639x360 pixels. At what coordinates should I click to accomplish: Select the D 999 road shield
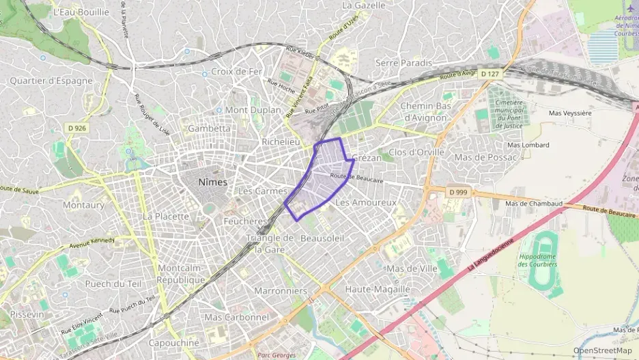click(x=458, y=192)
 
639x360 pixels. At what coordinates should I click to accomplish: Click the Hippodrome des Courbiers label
click(x=539, y=260)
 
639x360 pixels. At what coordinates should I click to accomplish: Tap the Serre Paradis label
click(x=404, y=63)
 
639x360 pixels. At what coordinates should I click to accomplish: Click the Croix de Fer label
click(x=236, y=72)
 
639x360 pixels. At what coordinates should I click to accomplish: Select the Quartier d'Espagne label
click(x=51, y=81)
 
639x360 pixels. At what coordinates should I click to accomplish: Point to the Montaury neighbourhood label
click(x=83, y=205)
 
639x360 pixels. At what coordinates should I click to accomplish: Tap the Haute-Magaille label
click(x=377, y=289)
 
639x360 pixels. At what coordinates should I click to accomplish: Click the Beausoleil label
click(x=322, y=238)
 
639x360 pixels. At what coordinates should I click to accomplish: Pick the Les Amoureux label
click(x=366, y=203)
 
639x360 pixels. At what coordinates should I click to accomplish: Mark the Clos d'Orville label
click(x=416, y=152)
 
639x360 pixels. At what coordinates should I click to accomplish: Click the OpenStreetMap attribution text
click(x=602, y=350)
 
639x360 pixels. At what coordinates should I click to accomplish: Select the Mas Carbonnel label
click(x=237, y=318)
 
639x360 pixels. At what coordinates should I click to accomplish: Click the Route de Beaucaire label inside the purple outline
click(x=356, y=178)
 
